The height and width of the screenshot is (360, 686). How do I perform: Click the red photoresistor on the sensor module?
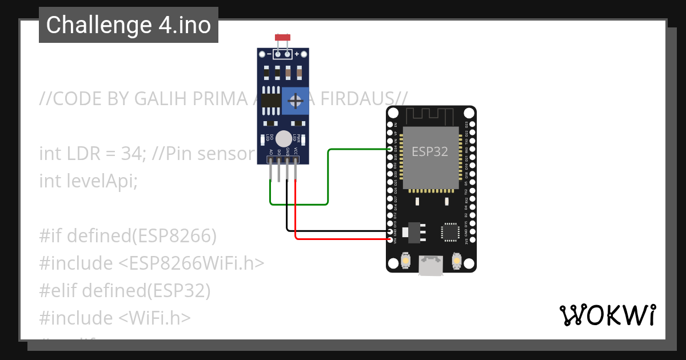282,38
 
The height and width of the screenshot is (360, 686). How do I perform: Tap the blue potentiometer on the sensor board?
296,101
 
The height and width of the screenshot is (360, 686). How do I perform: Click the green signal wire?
328,177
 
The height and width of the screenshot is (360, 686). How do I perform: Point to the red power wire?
343,238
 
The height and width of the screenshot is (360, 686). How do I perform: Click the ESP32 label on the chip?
430,151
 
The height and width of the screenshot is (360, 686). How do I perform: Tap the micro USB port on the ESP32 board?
430,266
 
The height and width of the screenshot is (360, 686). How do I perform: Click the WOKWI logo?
608,315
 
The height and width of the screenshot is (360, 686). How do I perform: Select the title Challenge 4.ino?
129,25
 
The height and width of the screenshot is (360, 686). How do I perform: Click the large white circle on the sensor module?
283,139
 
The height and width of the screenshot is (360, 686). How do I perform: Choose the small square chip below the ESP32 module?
449,231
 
